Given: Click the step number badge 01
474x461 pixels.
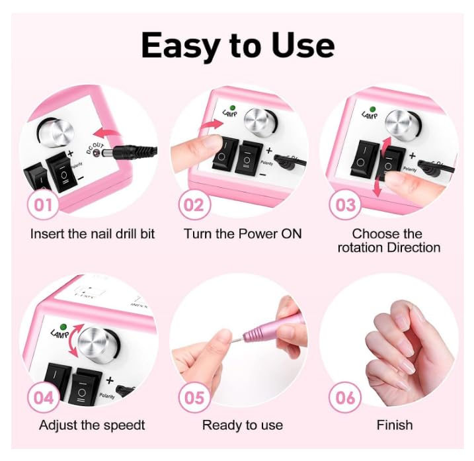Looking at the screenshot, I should point(43,204).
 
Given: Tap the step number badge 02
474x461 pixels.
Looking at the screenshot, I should point(194,204).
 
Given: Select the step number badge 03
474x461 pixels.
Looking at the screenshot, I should point(346,204).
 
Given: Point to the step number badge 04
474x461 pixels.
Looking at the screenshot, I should point(43,398).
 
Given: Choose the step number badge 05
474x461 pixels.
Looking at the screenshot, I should point(194,398).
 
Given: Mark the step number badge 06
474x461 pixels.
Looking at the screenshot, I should point(346,398).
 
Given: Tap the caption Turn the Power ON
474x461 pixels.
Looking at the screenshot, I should point(242,233).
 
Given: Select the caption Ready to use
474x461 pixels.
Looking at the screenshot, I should point(242,425).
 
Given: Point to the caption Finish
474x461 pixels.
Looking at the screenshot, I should point(395,425).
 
